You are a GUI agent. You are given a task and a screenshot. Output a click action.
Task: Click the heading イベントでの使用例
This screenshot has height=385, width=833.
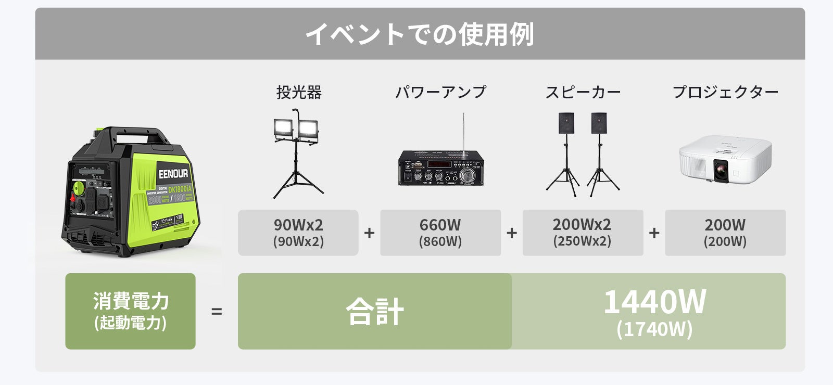tap(420, 34)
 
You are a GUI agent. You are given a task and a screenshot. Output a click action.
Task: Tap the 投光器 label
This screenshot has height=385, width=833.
tap(299, 92)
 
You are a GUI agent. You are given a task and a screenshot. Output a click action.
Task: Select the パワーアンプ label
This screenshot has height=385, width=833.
tap(440, 92)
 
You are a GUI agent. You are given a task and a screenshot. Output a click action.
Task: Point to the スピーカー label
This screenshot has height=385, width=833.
tap(583, 92)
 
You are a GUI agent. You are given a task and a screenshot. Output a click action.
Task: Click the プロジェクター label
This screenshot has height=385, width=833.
tap(725, 92)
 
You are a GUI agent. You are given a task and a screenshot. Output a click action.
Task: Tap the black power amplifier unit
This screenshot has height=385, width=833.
tap(440, 168)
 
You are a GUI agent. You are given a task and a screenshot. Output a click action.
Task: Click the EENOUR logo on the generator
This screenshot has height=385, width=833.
tap(173, 173)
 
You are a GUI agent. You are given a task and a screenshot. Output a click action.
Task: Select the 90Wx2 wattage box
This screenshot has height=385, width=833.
tap(298, 233)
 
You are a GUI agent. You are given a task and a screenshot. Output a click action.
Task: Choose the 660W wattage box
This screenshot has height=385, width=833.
tap(440, 233)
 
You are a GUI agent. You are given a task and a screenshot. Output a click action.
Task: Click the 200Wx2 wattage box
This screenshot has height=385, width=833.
tap(583, 233)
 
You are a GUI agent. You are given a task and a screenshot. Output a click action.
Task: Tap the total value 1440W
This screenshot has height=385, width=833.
tap(654, 302)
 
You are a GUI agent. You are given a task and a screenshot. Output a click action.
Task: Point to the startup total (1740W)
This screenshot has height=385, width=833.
tap(654, 329)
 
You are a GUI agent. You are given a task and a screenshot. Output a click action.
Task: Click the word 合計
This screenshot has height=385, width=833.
tap(375, 311)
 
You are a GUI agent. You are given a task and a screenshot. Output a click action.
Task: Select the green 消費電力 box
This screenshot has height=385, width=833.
tap(130, 311)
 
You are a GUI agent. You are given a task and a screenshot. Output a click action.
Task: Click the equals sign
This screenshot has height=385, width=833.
tap(217, 312)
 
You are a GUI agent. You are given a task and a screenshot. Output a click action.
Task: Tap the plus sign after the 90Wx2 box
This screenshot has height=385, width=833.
tap(369, 233)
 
